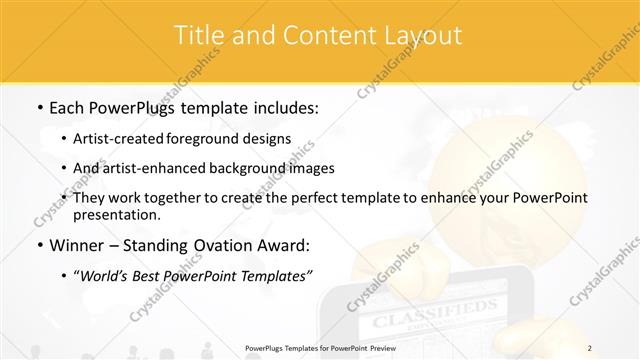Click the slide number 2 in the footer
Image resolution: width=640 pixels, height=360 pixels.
(590, 348)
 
